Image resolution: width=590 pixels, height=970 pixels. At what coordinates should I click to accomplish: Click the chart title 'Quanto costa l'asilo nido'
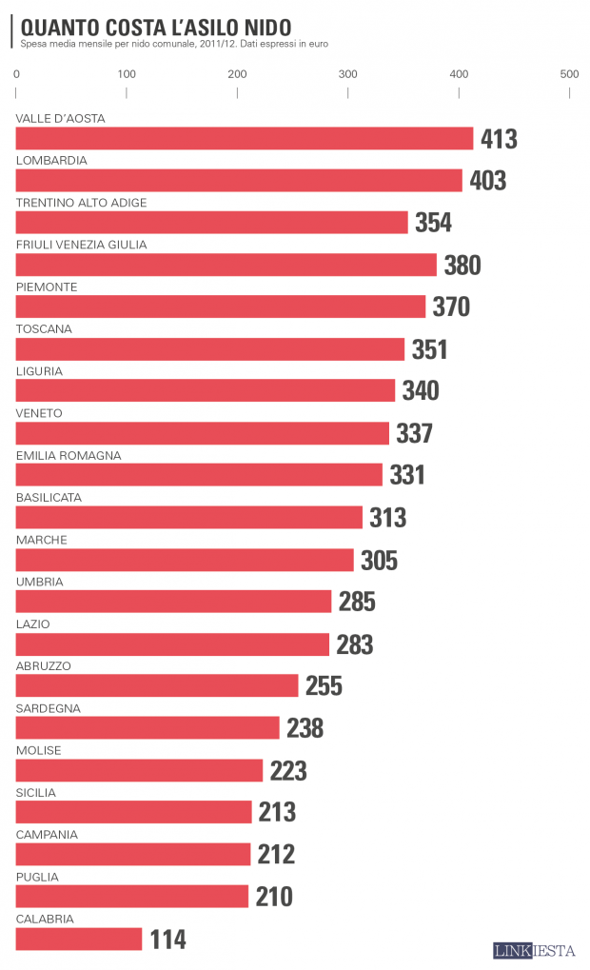(x=156, y=27)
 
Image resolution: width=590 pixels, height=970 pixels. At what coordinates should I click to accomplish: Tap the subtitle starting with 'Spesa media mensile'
(x=173, y=44)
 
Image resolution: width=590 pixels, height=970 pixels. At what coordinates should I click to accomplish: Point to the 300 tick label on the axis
(x=348, y=74)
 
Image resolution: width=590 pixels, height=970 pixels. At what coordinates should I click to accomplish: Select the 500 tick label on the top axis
(x=569, y=74)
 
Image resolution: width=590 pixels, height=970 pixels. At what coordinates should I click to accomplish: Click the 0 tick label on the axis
(x=17, y=74)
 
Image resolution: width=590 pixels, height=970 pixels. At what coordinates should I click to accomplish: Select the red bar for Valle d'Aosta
(x=245, y=138)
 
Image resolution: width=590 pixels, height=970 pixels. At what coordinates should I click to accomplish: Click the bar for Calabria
(x=79, y=940)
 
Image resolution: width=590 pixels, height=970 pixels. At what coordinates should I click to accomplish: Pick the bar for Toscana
(x=210, y=349)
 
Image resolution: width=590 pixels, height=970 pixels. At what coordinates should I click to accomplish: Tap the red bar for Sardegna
(x=147, y=728)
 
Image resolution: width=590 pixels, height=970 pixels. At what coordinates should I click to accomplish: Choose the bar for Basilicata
(x=189, y=518)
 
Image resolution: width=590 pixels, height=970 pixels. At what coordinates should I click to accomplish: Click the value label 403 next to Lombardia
(x=488, y=181)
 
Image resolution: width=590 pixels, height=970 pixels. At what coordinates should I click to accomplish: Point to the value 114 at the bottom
(x=167, y=940)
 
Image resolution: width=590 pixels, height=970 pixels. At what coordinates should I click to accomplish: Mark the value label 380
(x=462, y=266)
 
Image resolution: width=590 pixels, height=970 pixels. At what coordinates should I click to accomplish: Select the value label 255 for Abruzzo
(x=324, y=686)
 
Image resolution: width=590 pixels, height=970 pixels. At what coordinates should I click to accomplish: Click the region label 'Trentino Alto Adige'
(x=82, y=203)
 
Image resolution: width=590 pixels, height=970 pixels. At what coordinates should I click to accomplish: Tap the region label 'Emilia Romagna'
(x=69, y=456)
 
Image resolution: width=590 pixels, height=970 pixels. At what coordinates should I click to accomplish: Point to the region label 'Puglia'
(x=38, y=877)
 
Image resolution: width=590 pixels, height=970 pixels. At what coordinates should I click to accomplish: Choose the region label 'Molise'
(x=39, y=750)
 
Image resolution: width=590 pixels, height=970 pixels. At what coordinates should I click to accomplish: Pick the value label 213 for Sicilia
(x=277, y=813)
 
